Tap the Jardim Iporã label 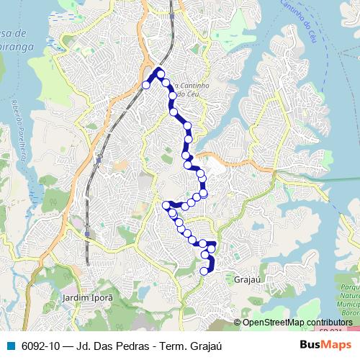(x=88, y=297)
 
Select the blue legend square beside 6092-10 (x=11, y=346)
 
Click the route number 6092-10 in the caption (x=40, y=346)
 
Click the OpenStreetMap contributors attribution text (x=297, y=322)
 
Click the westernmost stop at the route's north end (x=146, y=85)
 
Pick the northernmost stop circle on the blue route (x=161, y=74)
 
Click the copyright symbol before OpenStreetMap (x=238, y=322)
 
